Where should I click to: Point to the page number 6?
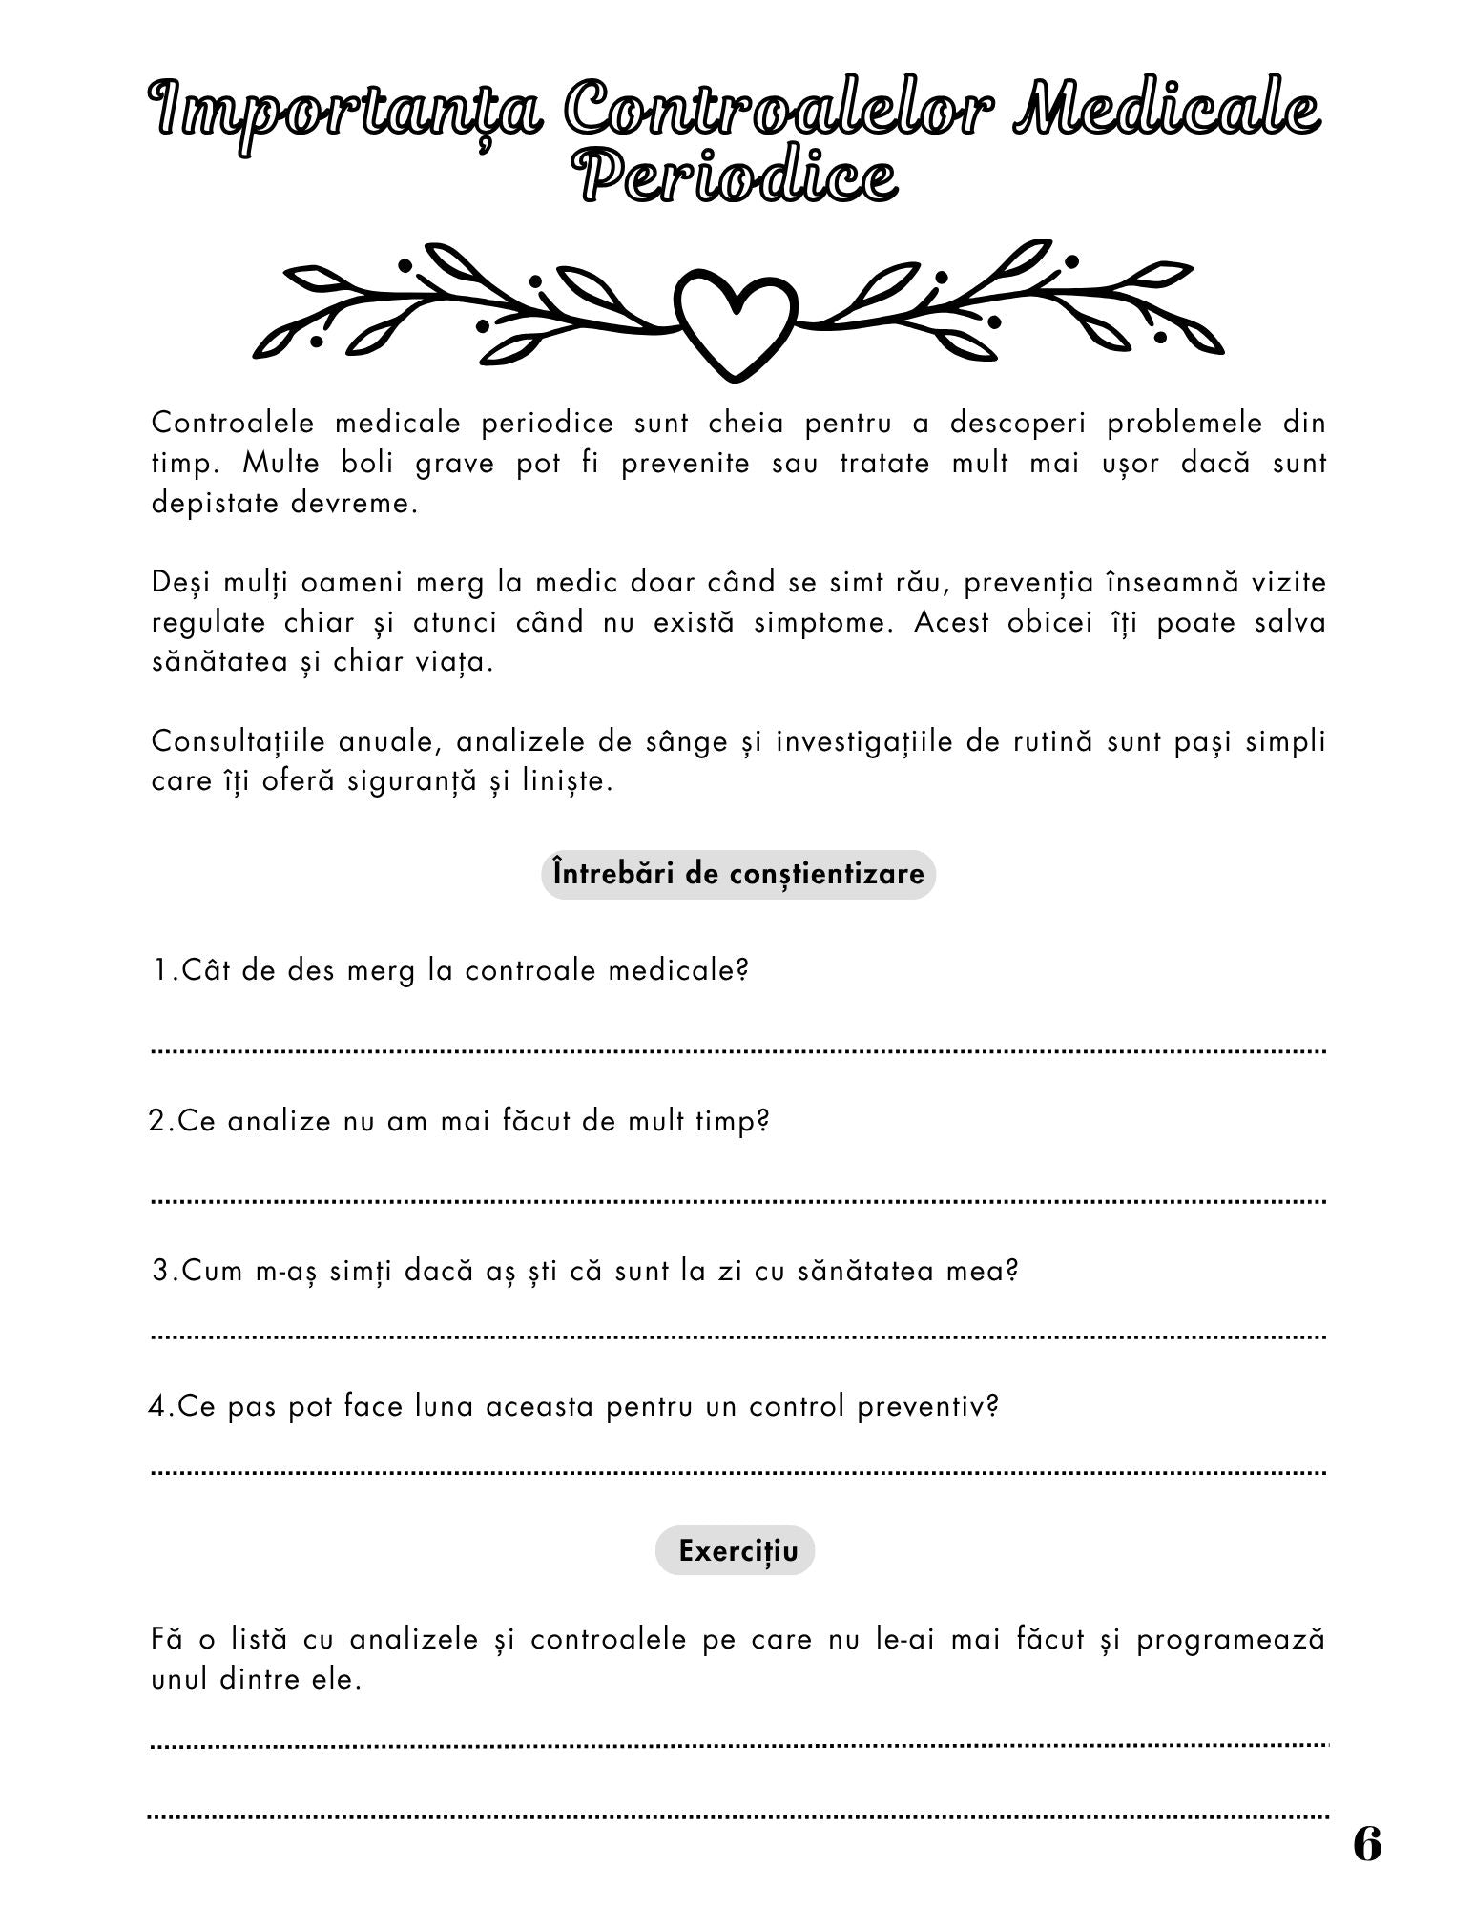pyautogui.click(x=1366, y=1844)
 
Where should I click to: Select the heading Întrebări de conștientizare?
pyautogui.click(x=738, y=874)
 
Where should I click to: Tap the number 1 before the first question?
pyautogui.click(x=160, y=971)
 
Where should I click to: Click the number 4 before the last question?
pyautogui.click(x=157, y=1406)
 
